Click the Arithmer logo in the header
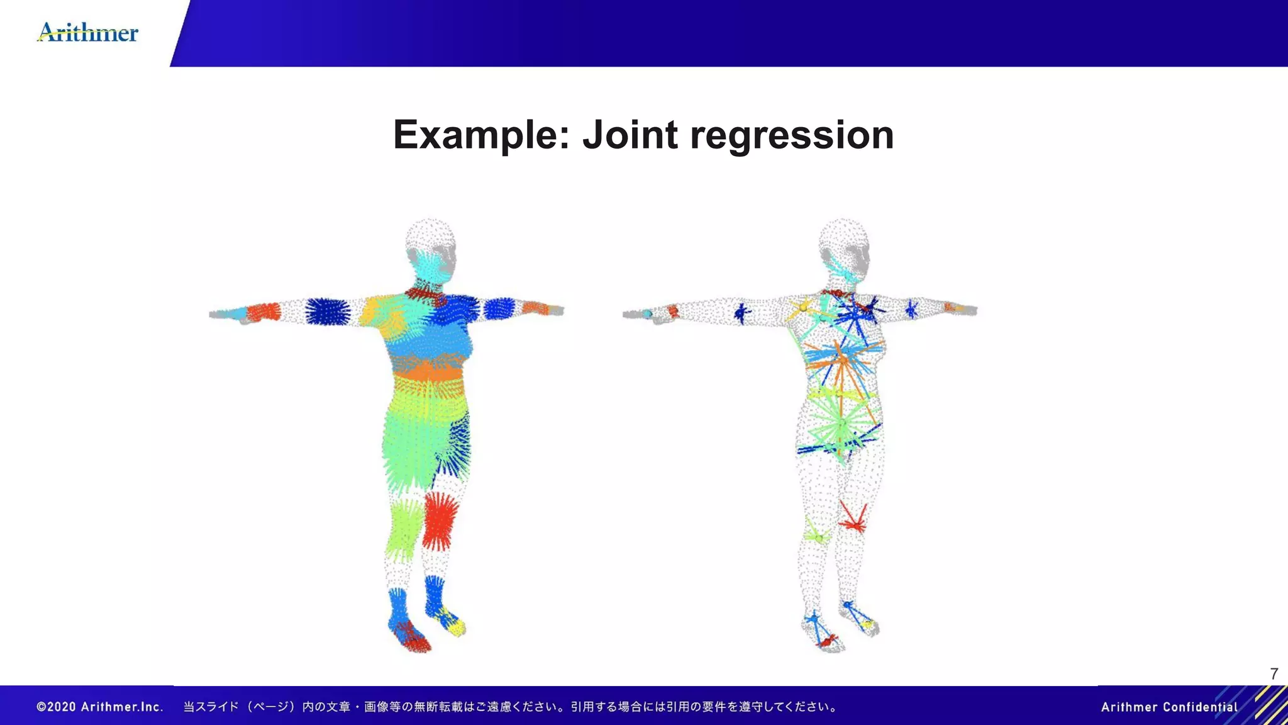point(87,32)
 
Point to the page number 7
point(1274,674)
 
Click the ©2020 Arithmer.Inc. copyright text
point(100,707)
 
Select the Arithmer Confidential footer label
point(1169,707)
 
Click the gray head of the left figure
point(430,235)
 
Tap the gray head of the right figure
point(844,237)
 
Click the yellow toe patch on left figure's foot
point(457,626)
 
